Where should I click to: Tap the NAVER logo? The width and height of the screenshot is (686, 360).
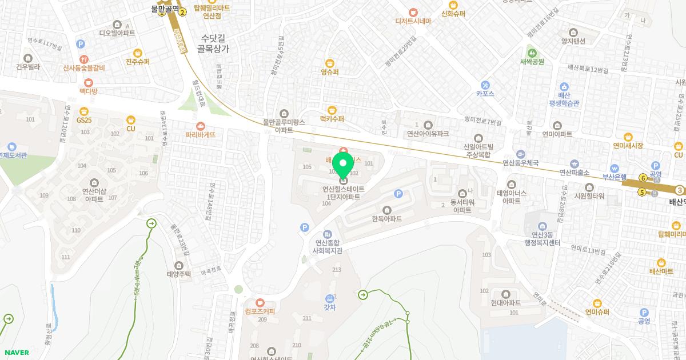pyautogui.click(x=16, y=353)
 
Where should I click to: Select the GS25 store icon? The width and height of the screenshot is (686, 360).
pyautogui.click(x=84, y=111)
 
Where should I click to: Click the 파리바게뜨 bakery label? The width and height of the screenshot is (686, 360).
pyautogui.click(x=201, y=135)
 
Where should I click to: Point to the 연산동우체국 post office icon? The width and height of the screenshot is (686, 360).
pyautogui.click(x=520, y=154)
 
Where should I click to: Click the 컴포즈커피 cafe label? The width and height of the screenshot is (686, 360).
pyautogui.click(x=260, y=311)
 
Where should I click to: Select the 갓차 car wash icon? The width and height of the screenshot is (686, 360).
pyautogui.click(x=330, y=298)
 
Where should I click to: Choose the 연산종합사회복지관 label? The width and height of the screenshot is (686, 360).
pyautogui.click(x=328, y=246)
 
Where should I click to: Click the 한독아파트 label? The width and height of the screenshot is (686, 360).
pyautogui.click(x=386, y=219)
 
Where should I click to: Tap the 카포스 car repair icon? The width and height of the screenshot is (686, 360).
pyautogui.click(x=485, y=85)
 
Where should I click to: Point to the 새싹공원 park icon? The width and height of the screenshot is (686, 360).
pyautogui.click(x=532, y=53)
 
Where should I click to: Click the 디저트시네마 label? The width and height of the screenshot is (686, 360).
pyautogui.click(x=413, y=21)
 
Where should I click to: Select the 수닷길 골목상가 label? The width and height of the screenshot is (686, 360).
pyautogui.click(x=213, y=44)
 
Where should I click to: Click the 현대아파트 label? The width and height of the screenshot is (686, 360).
pyautogui.click(x=505, y=303)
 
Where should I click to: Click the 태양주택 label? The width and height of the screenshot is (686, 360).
pyautogui.click(x=179, y=274)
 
